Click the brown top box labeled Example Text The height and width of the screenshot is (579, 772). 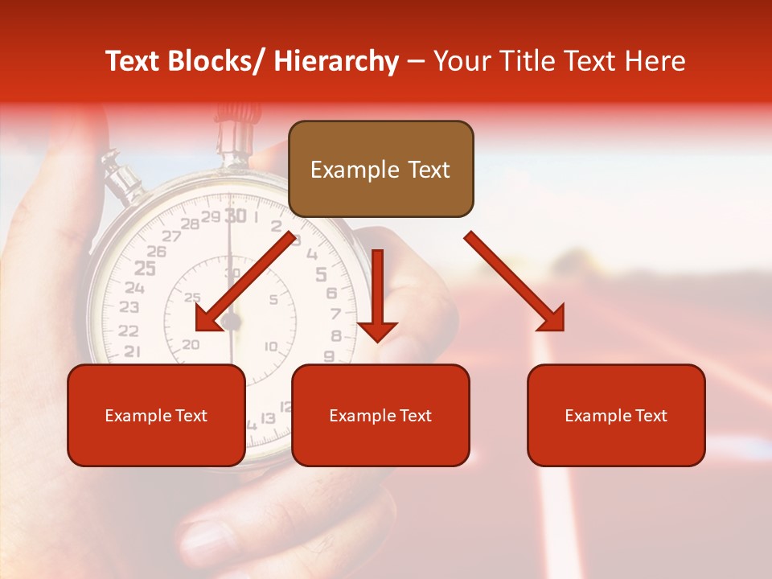pos(380,169)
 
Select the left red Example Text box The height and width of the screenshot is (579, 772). pos(156,415)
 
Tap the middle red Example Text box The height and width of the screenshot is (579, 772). pos(380,415)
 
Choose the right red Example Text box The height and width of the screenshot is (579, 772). pos(616,415)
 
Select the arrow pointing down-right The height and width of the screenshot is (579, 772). pos(515,281)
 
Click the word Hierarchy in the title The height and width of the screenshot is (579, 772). pos(336,61)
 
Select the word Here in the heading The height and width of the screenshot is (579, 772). pos(655,61)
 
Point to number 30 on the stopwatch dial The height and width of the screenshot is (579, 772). pos(235,216)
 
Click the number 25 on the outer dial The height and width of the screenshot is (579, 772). pos(145,268)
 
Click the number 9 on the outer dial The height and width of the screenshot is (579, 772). pos(329,355)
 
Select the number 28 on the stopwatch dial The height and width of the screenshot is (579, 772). pos(190,224)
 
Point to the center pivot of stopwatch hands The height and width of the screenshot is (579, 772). pos(232,322)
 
